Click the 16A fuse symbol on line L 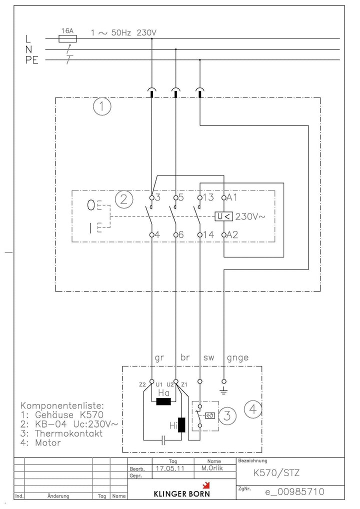tap(67, 39)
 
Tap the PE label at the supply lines tap(32, 60)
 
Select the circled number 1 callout tap(102, 106)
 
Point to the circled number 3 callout tap(227, 415)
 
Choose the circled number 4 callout tap(253, 409)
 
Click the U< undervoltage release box tap(223, 216)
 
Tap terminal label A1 tap(232, 197)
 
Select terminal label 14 tap(208, 234)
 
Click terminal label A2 tap(232, 234)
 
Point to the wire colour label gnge tap(237, 357)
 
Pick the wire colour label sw tap(208, 357)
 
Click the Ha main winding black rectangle tap(163, 401)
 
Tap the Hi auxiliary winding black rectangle tap(181, 425)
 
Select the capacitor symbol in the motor tap(163, 440)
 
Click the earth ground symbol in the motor tap(223, 391)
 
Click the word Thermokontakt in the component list tap(69, 433)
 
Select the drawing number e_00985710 tap(295, 492)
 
